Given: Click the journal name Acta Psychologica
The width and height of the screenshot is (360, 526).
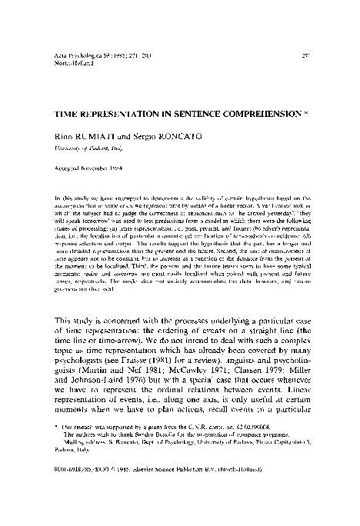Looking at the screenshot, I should pos(78,57).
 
